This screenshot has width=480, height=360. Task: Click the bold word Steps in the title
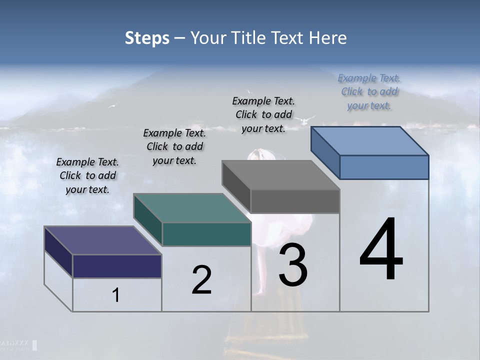pyautogui.click(x=147, y=38)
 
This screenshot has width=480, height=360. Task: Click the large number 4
pyautogui.click(x=381, y=250)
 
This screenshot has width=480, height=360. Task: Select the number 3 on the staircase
pyautogui.click(x=293, y=265)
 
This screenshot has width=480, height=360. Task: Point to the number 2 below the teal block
pyautogui.click(x=201, y=280)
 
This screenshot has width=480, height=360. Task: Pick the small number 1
pyautogui.click(x=116, y=295)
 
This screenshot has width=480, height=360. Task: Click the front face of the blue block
pyautogui.click(x=384, y=167)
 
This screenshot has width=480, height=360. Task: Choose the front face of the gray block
pyautogui.click(x=295, y=201)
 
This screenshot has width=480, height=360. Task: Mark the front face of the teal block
pyautogui.click(x=206, y=234)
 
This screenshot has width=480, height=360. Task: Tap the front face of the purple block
pyautogui.click(x=117, y=266)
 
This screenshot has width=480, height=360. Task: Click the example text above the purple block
pyautogui.click(x=87, y=175)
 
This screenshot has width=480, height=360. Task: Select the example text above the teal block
pyautogui.click(x=174, y=146)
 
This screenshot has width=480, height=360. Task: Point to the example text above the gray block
pyautogui.click(x=263, y=114)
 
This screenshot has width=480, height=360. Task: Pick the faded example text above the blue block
pyautogui.click(x=369, y=91)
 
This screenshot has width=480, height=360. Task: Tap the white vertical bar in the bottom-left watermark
pyautogui.click(x=35, y=345)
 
